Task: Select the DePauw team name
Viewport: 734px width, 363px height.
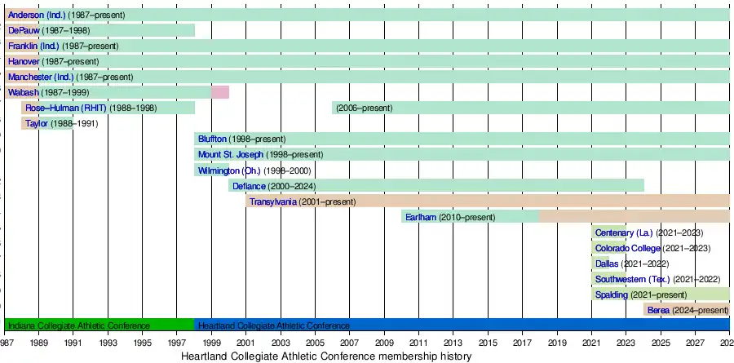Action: click(x=24, y=30)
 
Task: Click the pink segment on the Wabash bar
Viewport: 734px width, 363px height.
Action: click(x=220, y=92)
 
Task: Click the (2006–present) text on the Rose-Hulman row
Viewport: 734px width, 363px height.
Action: click(x=364, y=108)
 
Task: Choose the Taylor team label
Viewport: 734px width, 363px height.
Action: click(x=37, y=123)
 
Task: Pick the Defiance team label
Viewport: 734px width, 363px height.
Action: click(x=249, y=186)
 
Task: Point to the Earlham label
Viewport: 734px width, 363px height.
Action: click(x=421, y=217)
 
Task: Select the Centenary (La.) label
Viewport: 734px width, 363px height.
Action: click(x=624, y=232)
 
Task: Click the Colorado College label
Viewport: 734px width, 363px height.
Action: click(x=627, y=248)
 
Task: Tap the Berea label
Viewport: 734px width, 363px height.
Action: click(x=658, y=310)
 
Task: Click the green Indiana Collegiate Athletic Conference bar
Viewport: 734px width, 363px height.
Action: click(x=99, y=325)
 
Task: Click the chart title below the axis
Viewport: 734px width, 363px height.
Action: click(x=326, y=356)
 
